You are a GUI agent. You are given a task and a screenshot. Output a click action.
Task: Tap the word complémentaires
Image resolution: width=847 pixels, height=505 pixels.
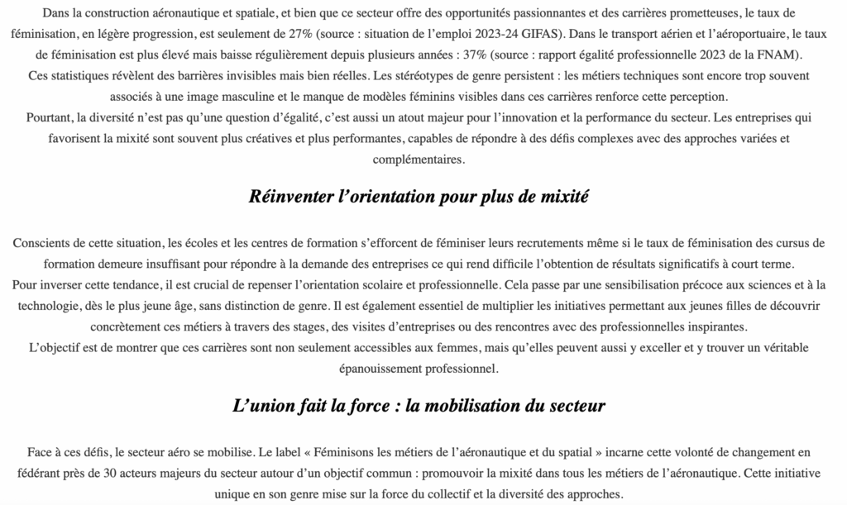pos(419,158)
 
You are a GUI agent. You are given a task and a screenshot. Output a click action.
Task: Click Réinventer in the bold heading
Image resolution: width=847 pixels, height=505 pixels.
pos(290,198)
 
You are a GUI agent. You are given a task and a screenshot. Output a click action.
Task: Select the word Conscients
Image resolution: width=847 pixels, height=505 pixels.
pos(42,244)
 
